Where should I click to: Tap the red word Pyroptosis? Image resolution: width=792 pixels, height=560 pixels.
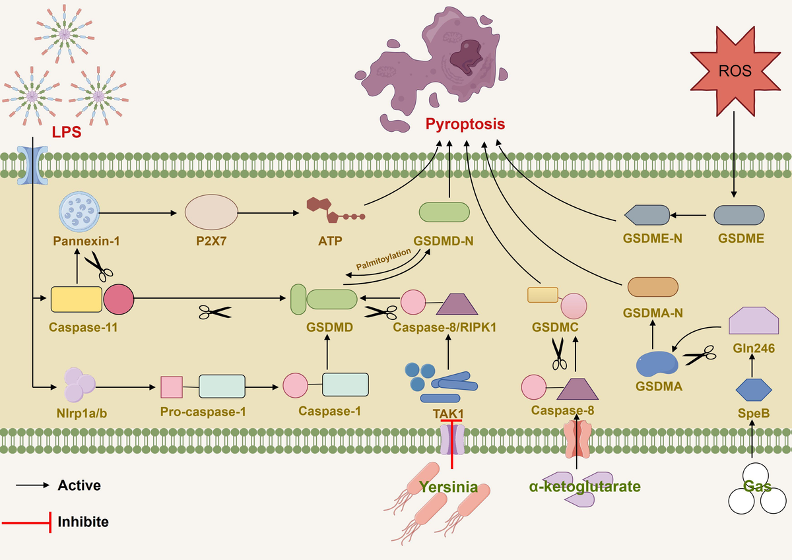pos(465,124)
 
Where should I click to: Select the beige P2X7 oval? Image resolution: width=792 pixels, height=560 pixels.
pos(211,213)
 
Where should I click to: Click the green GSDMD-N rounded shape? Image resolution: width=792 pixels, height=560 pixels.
pos(444,212)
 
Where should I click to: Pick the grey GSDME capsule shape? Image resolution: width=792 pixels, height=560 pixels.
pos(739,214)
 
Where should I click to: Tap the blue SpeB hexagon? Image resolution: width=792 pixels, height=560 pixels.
pos(753,390)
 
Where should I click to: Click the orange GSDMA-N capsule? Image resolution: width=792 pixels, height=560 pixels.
pos(652,286)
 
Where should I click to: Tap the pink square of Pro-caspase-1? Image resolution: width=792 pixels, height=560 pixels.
pos(172,387)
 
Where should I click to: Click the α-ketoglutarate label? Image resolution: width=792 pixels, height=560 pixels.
pos(584,487)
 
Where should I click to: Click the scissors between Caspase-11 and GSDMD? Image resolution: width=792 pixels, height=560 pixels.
pos(215,312)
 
